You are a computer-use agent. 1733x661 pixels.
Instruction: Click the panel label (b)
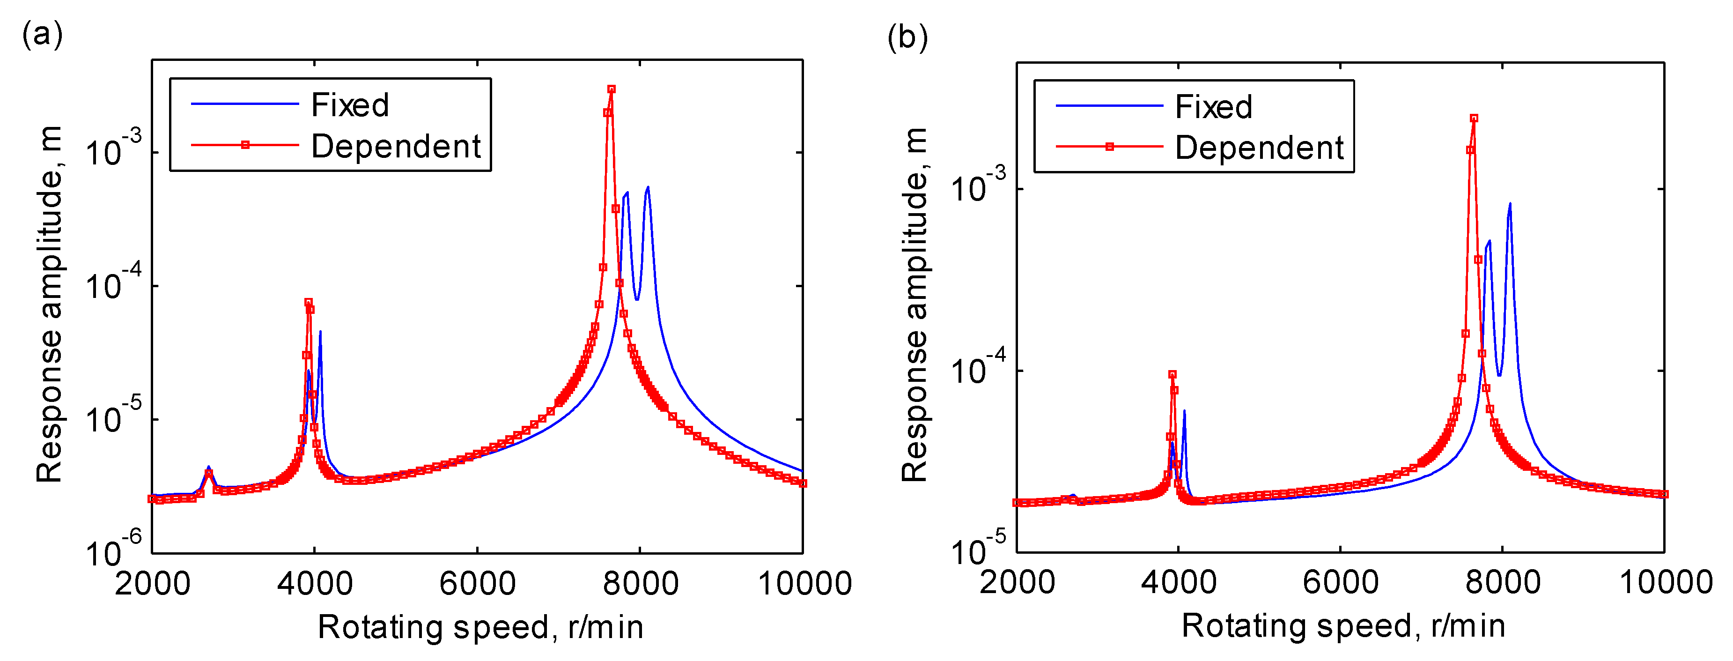pos(907,37)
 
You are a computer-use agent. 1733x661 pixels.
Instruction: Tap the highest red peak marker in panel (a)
pos(611,89)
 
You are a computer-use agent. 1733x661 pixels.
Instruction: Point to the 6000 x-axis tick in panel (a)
pos(477,583)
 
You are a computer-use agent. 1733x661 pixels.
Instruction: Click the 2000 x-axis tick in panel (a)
pos(153,583)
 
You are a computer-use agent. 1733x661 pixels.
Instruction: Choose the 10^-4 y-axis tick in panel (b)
pos(978,368)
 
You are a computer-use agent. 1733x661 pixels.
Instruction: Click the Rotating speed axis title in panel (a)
pos(480,627)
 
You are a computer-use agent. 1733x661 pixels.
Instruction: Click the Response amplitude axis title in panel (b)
pos(914,304)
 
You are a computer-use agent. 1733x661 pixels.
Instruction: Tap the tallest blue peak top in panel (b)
pos(1510,203)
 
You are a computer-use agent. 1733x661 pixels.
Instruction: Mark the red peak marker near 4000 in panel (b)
pos(1172,375)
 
